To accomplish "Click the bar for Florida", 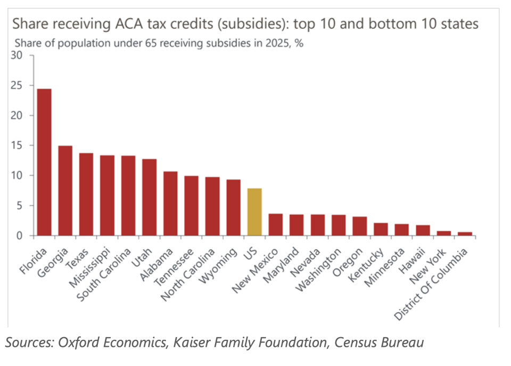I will coord(44,162).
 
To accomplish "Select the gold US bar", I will coord(254,212).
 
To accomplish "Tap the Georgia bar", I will coord(65,191).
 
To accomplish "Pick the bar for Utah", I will coord(149,197).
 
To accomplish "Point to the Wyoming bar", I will coord(233,208).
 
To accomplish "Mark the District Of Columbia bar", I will coord(465,233).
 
